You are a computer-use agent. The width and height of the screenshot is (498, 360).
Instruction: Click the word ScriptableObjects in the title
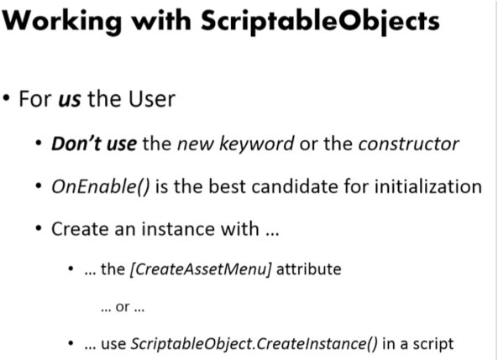(320, 22)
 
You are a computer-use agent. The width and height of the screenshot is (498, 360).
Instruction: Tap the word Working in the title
(61, 22)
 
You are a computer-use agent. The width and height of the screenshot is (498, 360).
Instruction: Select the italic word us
(69, 99)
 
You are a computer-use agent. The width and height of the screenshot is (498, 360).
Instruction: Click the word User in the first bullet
(151, 99)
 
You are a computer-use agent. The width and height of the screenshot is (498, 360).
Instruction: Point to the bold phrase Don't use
(94, 143)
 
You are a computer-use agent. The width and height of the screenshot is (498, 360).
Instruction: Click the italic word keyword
(257, 144)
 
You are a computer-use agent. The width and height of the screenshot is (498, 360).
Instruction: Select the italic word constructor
(408, 143)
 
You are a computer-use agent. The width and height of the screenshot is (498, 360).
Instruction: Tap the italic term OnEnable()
(101, 186)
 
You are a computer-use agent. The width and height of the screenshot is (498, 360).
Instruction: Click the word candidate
(295, 186)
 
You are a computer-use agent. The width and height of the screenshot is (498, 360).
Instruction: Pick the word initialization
(428, 186)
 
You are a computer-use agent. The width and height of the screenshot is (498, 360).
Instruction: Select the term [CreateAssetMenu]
(201, 269)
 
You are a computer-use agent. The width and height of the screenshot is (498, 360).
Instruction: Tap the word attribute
(309, 269)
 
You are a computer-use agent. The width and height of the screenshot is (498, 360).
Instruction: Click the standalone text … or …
(123, 307)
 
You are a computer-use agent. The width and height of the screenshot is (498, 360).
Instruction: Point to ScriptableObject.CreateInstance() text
(254, 344)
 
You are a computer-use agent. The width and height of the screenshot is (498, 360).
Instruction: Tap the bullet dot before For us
(6, 98)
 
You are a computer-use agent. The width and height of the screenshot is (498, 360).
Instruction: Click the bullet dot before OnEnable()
(39, 185)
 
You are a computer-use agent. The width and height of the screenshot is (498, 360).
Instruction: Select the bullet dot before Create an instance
(39, 228)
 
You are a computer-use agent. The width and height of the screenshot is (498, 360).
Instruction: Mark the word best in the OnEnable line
(228, 186)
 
